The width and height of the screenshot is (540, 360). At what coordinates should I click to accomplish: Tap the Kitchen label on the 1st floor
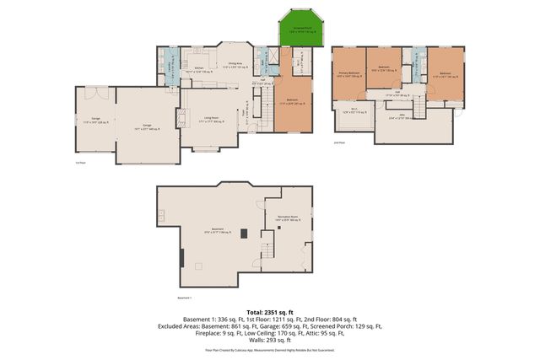point(201,68)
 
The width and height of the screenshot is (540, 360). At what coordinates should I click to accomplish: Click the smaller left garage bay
point(94,122)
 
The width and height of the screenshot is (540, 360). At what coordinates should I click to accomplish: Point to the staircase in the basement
point(267,250)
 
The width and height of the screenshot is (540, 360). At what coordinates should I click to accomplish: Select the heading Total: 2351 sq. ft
point(270,312)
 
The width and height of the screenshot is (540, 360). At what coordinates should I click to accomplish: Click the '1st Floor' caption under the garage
point(82,163)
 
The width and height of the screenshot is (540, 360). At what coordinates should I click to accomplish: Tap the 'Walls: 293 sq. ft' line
point(270,341)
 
